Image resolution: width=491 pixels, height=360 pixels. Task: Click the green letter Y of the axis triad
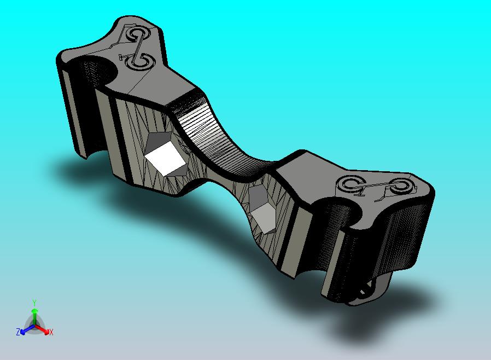[x=34, y=303]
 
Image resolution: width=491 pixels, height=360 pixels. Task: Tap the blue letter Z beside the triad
[x=18, y=332]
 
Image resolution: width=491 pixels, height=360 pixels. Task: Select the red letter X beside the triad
[x=51, y=332]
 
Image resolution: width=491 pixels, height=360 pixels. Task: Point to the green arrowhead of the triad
[x=34, y=311]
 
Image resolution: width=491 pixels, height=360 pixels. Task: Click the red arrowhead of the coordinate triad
[x=46, y=332]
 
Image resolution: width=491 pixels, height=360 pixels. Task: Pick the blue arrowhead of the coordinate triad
[x=22, y=332]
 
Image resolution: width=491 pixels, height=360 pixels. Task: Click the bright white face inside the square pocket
[x=165, y=158]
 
